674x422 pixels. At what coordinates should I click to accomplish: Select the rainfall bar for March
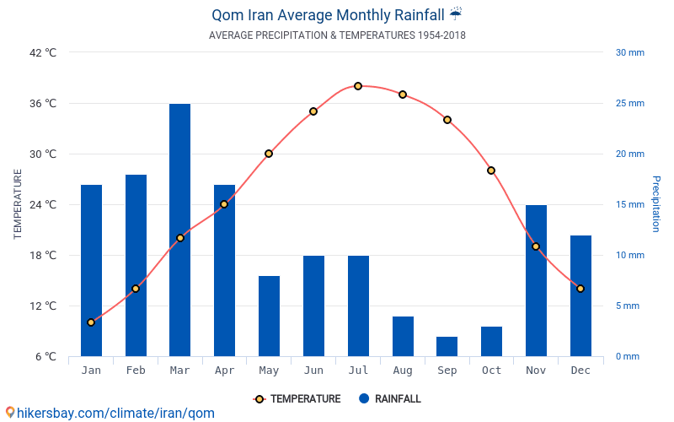coord(179,230)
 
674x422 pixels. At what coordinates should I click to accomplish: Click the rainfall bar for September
coord(447,346)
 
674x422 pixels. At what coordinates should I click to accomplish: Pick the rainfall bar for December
coord(580,295)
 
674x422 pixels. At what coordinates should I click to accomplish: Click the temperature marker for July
coord(358,86)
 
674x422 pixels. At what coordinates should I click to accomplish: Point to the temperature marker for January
coord(91,322)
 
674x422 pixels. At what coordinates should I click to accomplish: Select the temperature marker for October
coord(491,170)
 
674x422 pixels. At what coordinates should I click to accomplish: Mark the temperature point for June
coord(313,111)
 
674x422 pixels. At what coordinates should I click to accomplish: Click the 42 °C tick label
coord(43,52)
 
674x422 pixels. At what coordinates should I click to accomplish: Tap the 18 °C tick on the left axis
coord(43,255)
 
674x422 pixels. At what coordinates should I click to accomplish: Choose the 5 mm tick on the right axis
coord(627,306)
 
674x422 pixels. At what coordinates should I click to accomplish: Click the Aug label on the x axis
coord(402,371)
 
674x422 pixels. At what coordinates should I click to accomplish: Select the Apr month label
coord(224,371)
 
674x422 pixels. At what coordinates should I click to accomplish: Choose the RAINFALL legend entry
coord(389,399)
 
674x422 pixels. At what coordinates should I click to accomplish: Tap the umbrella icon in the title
coord(456,14)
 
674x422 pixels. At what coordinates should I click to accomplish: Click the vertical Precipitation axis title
coord(656,204)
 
